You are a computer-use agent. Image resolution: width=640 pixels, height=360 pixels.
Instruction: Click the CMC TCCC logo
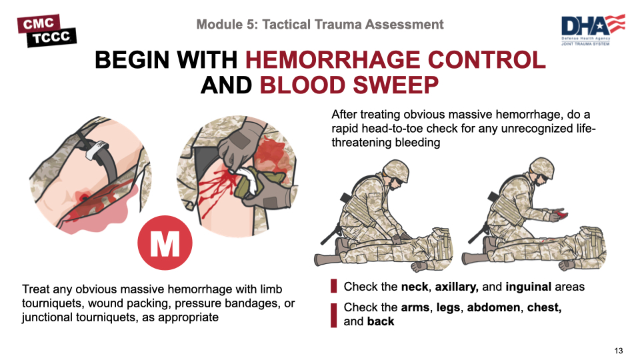[x=47, y=31]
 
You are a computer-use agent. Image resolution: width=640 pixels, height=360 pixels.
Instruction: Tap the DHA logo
[x=593, y=30]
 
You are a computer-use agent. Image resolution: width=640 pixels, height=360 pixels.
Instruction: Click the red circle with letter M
[x=165, y=243]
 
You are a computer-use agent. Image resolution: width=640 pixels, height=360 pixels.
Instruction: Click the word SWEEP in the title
[x=393, y=85]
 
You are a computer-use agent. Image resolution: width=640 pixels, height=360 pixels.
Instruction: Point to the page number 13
[x=619, y=351]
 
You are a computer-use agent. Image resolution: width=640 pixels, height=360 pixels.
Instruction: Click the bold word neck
[x=415, y=287]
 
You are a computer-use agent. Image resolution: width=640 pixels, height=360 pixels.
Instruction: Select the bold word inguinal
[x=528, y=287]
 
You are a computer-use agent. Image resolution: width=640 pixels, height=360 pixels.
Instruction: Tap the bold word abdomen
[x=494, y=307]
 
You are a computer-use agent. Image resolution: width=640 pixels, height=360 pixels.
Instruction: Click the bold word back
[x=381, y=321]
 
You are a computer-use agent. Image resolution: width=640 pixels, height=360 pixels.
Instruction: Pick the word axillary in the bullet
[x=455, y=287]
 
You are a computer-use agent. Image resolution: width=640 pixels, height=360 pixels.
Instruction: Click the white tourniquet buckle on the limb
[x=97, y=150]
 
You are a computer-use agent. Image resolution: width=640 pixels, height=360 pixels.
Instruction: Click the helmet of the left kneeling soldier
[x=395, y=170]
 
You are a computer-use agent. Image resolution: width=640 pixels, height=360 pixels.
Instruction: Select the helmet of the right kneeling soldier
[x=541, y=168]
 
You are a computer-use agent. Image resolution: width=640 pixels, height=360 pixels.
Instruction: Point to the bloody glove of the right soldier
[x=557, y=214]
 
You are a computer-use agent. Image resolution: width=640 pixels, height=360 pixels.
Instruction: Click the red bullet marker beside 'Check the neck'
[x=333, y=286]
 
